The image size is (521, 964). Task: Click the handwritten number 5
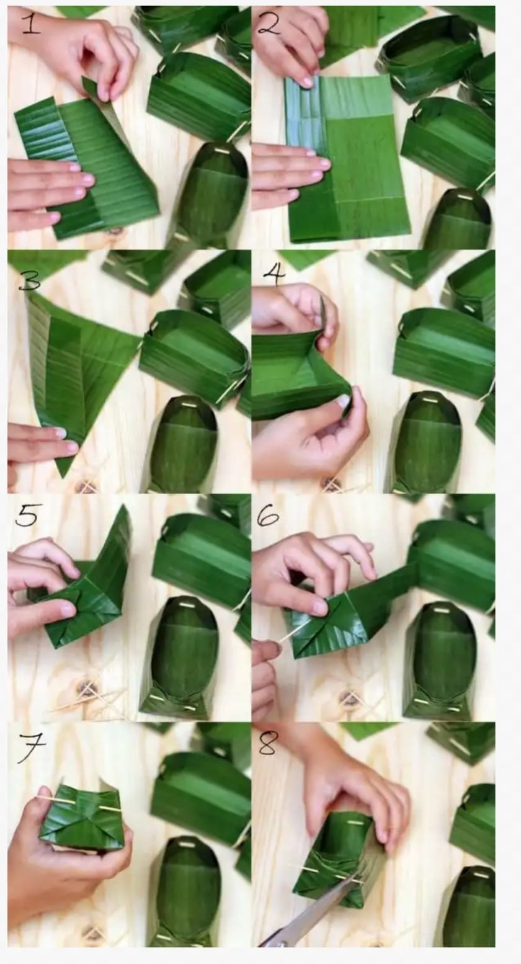(x=26, y=516)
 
